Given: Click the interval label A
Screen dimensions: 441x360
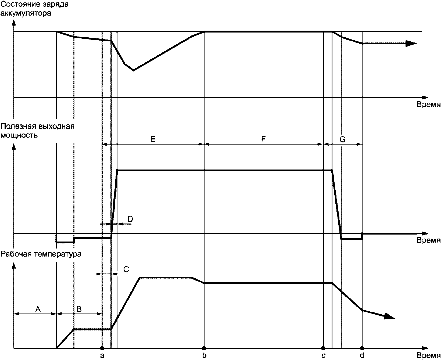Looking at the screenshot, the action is click(x=38, y=309).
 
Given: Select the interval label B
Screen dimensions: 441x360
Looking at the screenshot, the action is click(x=79, y=309).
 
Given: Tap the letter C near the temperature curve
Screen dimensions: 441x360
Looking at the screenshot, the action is click(x=126, y=269).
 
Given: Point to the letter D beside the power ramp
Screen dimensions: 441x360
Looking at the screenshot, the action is click(x=130, y=219).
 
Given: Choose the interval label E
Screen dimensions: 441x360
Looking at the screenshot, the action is click(x=153, y=139).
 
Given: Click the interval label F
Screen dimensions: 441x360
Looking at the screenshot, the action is click(x=263, y=139).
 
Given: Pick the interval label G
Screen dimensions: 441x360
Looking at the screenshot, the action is click(x=342, y=139).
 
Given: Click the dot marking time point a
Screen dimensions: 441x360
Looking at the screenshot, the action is click(x=102, y=348).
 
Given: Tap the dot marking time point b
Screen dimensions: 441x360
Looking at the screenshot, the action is click(x=204, y=348).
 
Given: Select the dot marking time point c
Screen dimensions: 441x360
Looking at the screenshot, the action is click(x=323, y=348).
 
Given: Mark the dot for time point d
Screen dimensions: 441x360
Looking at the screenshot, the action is click(x=362, y=348).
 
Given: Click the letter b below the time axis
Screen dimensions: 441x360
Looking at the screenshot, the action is click(x=204, y=356).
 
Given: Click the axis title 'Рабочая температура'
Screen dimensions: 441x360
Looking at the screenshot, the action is click(x=41, y=254).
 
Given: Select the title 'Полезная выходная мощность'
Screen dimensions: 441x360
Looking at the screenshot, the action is click(x=37, y=131).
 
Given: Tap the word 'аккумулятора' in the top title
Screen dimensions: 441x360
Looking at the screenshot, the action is click(x=26, y=13).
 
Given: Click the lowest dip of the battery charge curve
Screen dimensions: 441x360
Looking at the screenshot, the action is click(x=133, y=70).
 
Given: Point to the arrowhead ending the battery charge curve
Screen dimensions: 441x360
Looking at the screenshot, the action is click(x=411, y=44).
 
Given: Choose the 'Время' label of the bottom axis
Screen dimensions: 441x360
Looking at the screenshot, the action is click(x=428, y=356).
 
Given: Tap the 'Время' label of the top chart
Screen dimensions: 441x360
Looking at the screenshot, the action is click(x=428, y=105).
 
